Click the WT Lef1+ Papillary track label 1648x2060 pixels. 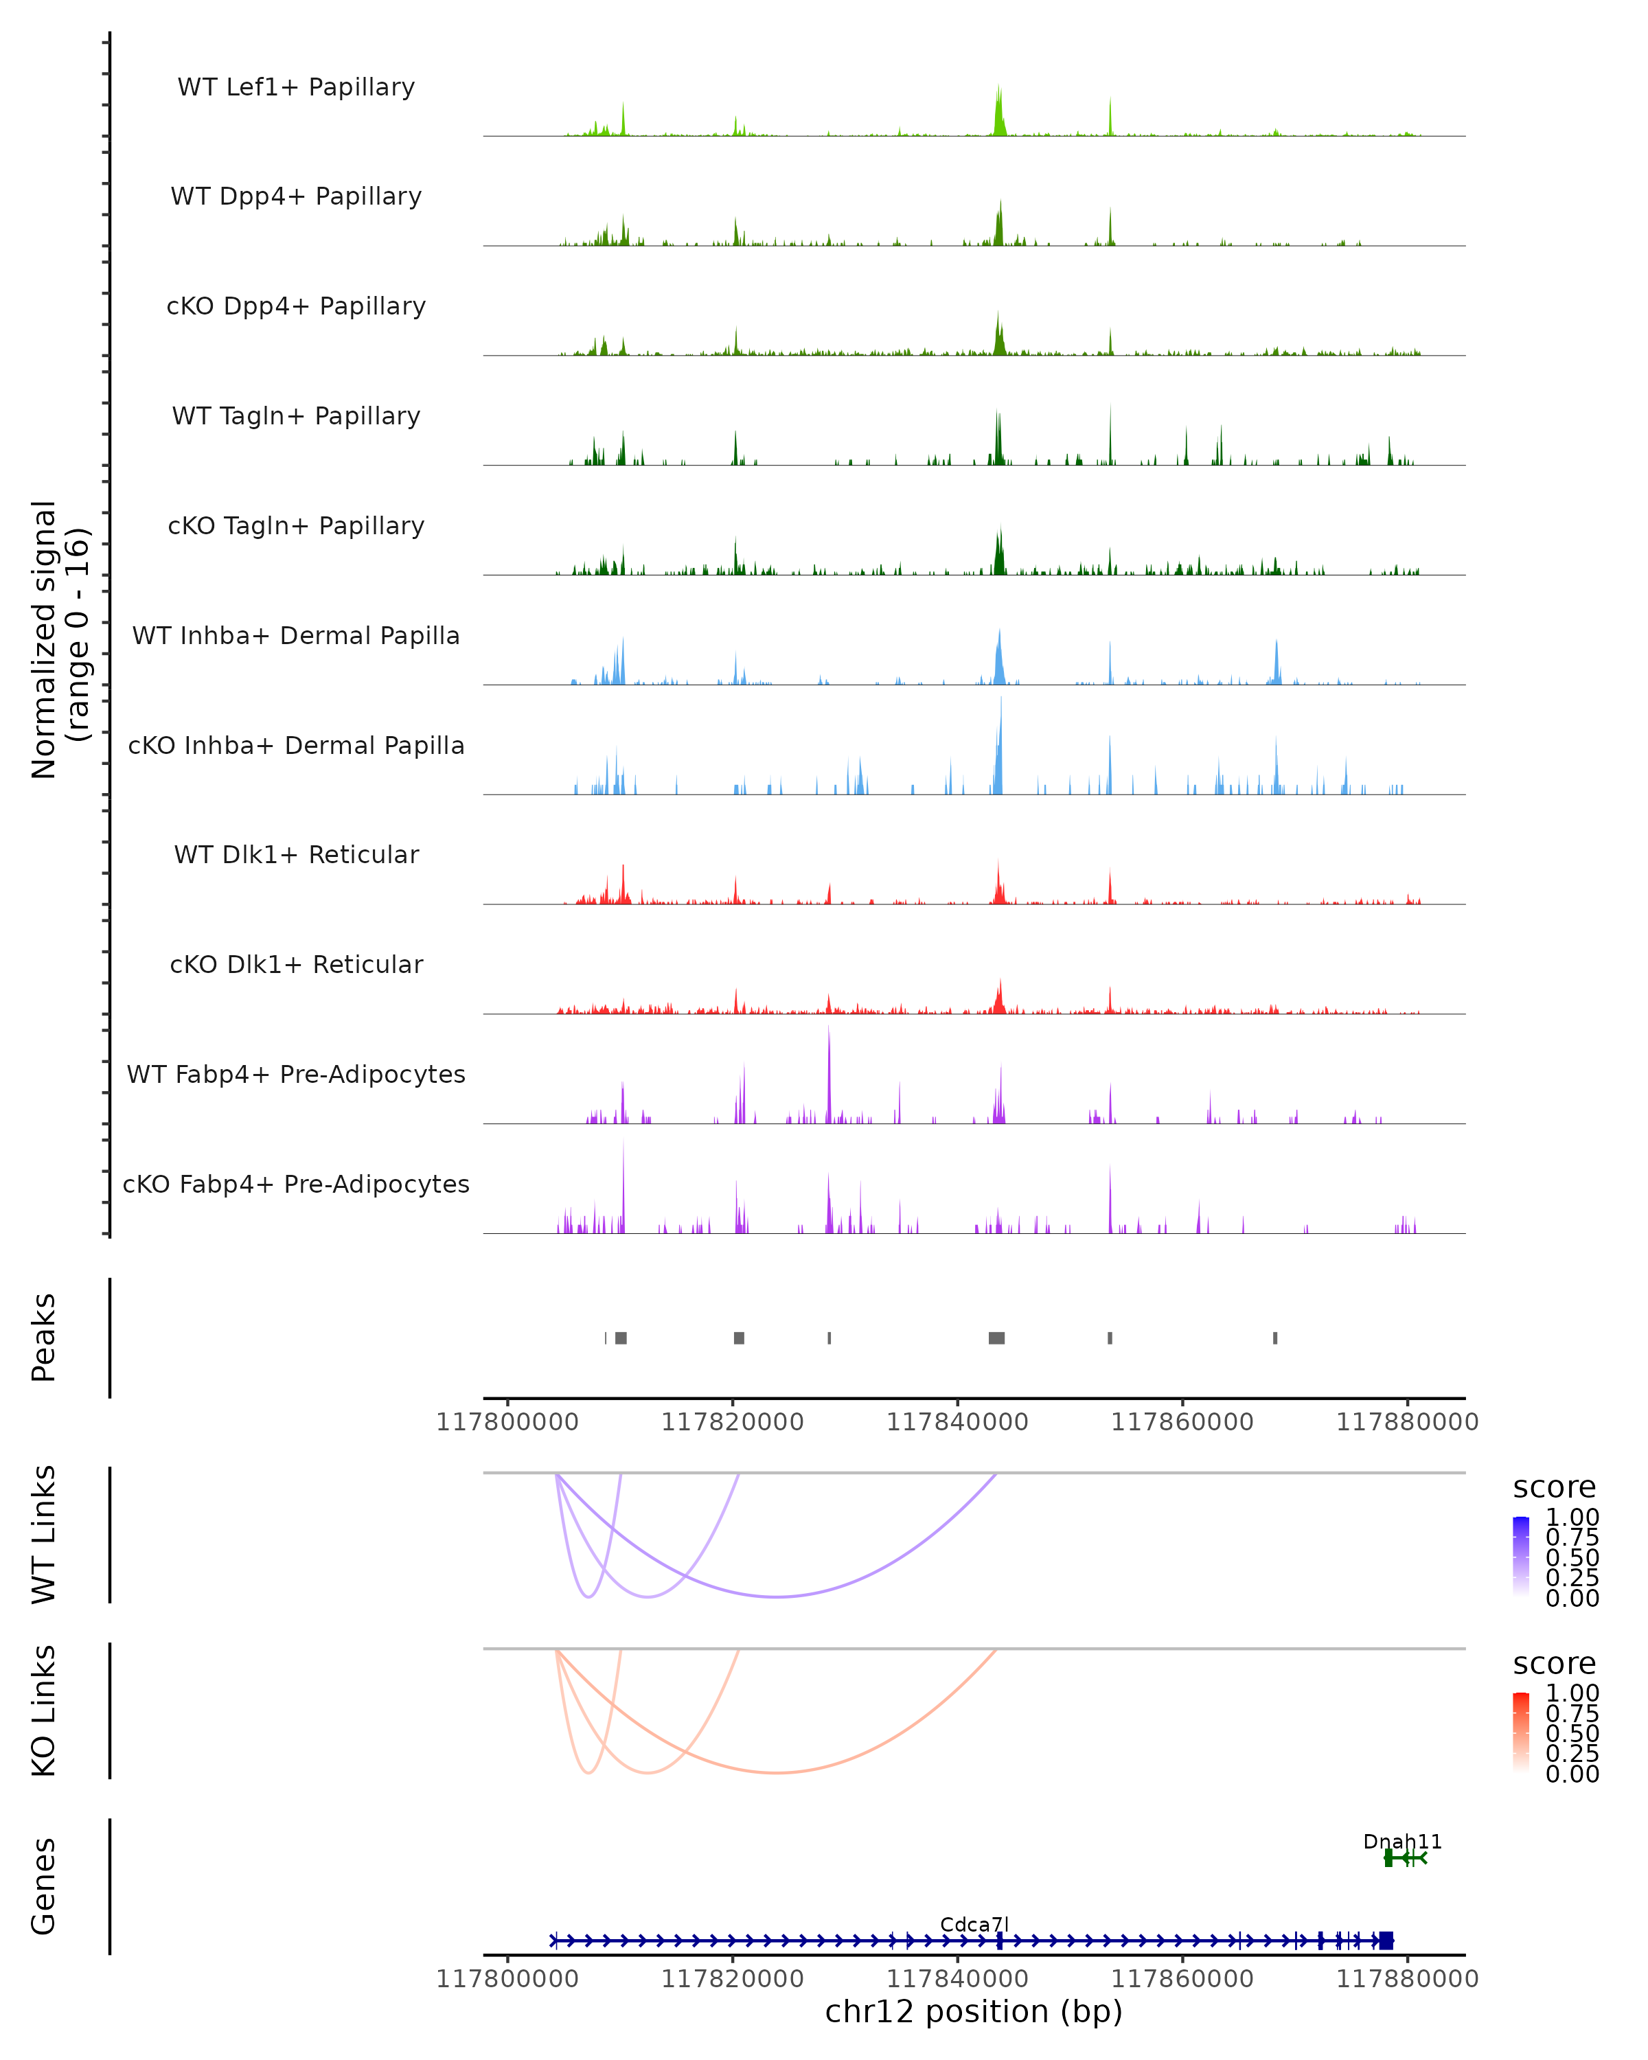pyautogui.click(x=296, y=87)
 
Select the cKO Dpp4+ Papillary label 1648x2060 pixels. pyautogui.click(x=296, y=307)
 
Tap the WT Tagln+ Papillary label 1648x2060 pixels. pyautogui.click(x=296, y=417)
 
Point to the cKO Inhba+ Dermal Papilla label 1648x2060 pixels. pyautogui.click(x=296, y=746)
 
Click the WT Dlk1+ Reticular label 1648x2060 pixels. pyautogui.click(x=296, y=855)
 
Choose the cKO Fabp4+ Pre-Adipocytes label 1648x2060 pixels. pyautogui.click(x=296, y=1184)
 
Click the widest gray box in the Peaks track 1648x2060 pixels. pyautogui.click(x=996, y=1338)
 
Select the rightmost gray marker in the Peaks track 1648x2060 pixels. pyautogui.click(x=1274, y=1338)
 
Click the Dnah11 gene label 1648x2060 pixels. pyautogui.click(x=1401, y=1842)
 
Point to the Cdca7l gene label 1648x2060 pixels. pyautogui.click(x=974, y=1924)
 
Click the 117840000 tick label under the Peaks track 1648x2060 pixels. pyautogui.click(x=957, y=1423)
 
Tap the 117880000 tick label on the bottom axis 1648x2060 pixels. pyautogui.click(x=1406, y=1979)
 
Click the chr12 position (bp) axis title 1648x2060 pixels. pyautogui.click(x=974, y=2012)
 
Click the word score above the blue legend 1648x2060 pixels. pyautogui.click(x=1555, y=1488)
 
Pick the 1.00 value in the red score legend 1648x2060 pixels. pyautogui.click(x=1572, y=1693)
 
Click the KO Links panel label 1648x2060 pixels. pyautogui.click(x=44, y=1711)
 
